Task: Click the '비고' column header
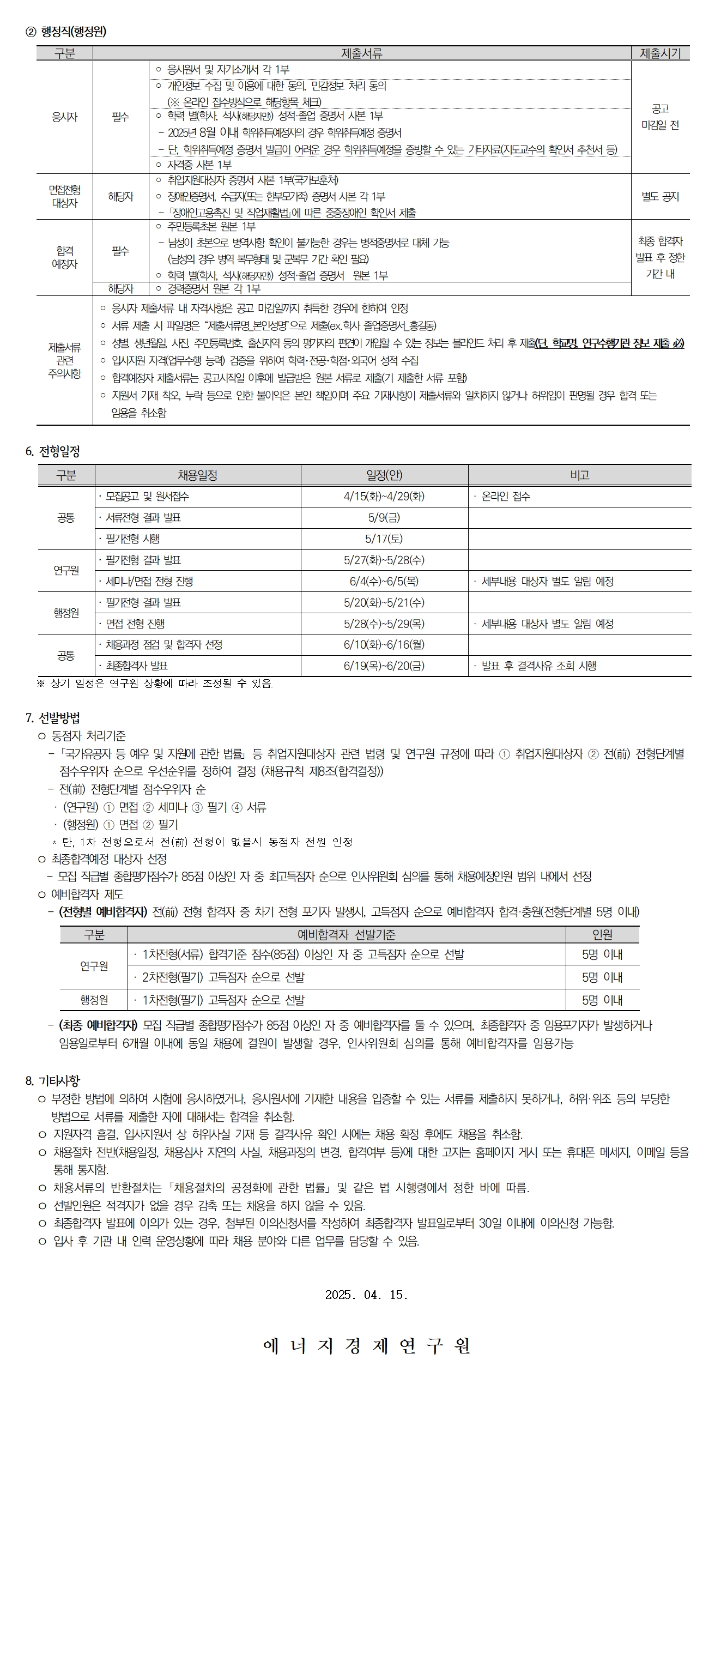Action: click(x=579, y=475)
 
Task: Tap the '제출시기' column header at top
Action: click(x=660, y=53)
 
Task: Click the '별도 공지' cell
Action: click(x=660, y=196)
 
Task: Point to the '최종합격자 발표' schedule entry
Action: click(x=136, y=666)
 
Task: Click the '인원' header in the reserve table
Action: click(x=602, y=934)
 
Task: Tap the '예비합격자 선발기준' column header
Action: click(x=346, y=934)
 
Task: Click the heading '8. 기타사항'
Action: click(x=53, y=1081)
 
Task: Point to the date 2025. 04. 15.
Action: click(x=366, y=1295)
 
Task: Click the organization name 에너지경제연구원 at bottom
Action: click(x=366, y=1346)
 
